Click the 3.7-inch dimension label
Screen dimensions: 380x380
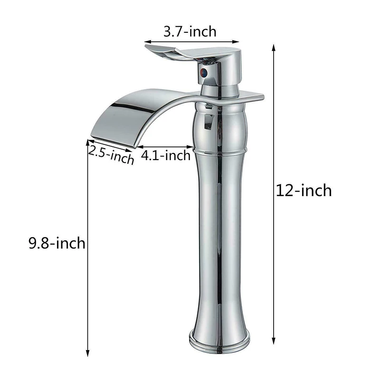190,32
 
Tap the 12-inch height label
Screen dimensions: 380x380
304,190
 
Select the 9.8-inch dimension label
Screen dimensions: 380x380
57,243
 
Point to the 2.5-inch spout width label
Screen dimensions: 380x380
111,155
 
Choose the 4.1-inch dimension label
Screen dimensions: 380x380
166,155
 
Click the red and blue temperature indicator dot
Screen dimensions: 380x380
204,72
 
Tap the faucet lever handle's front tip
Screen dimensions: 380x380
146,46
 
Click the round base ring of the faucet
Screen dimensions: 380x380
219,342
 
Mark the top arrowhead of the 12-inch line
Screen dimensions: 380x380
274,47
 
